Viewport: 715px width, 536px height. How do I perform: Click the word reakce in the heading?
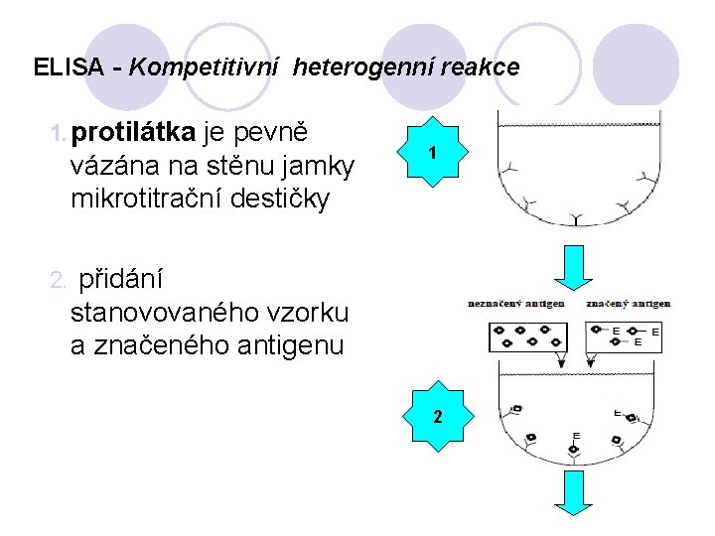click(x=481, y=67)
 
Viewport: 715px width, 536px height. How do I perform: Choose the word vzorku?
click(x=309, y=313)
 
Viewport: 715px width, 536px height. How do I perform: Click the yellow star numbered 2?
click(x=436, y=416)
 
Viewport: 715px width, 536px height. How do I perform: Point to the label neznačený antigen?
click(x=516, y=303)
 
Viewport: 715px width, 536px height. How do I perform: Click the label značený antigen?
click(x=628, y=303)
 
